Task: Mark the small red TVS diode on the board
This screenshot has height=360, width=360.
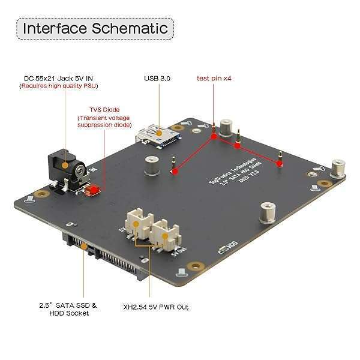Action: click(x=92, y=191)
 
